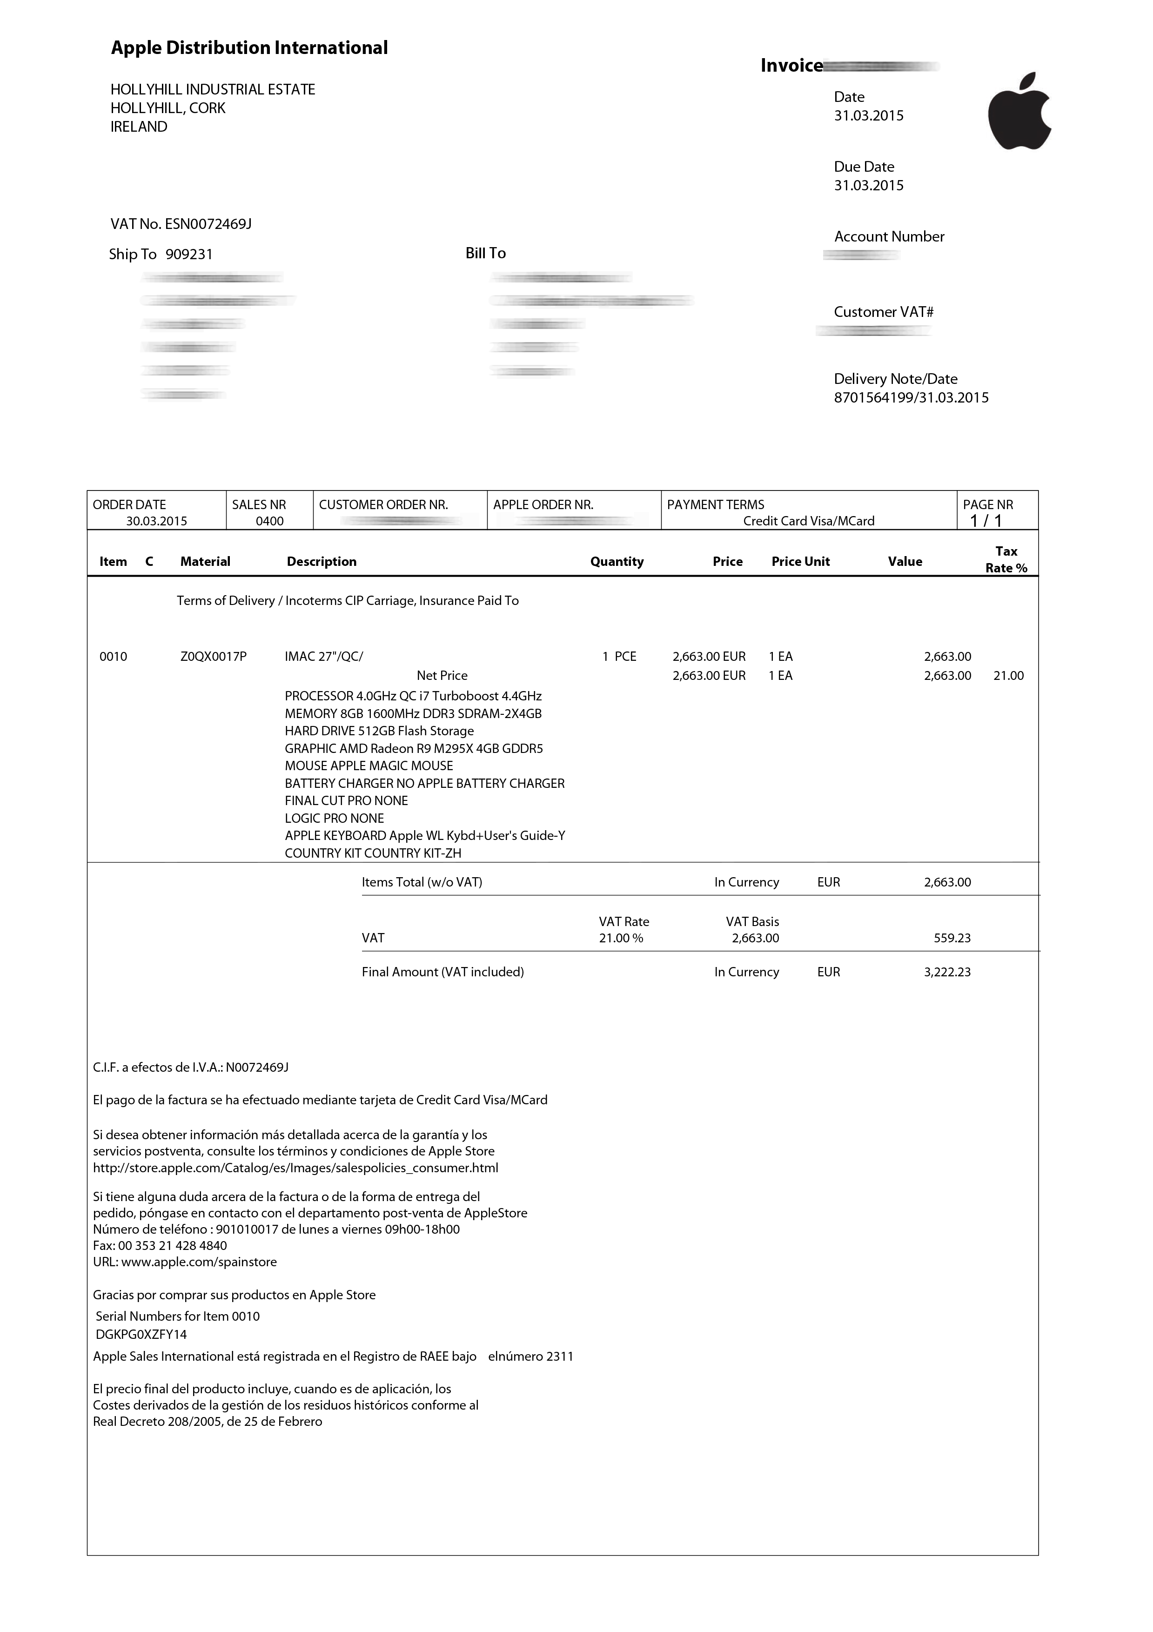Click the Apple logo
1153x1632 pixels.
[1019, 112]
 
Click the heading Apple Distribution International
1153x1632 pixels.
[249, 47]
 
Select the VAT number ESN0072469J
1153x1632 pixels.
[208, 224]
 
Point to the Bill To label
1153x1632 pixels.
[485, 253]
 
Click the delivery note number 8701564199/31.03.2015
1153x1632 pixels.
[911, 397]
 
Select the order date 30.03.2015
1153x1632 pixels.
[156, 521]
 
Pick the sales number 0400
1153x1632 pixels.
[269, 521]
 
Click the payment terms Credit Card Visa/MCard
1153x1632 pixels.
[808, 521]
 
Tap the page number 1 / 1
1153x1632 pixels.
[986, 521]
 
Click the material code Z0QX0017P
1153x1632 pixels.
[213, 656]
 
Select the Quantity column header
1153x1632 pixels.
[617, 562]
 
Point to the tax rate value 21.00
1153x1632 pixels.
[1008, 675]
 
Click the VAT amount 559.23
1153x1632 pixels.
[952, 938]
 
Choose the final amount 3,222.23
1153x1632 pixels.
[947, 972]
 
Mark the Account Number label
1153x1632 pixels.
[889, 237]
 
